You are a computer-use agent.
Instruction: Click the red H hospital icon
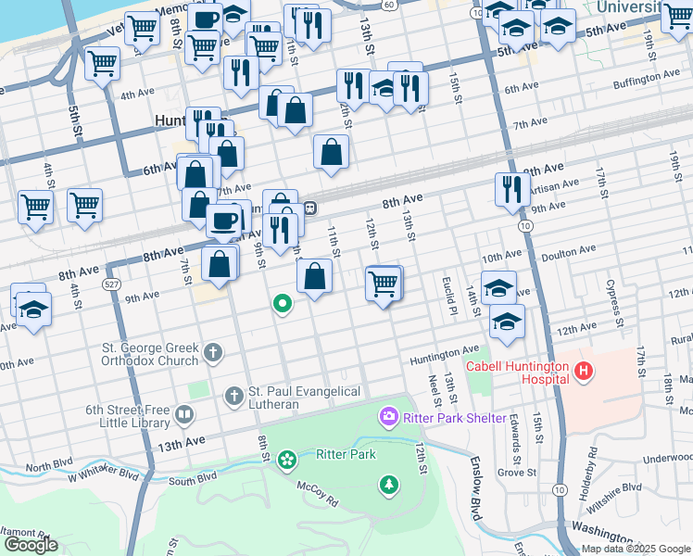[584, 373]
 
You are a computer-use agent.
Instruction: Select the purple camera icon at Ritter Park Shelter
[388, 417]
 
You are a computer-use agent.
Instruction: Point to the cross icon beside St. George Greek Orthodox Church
[213, 352]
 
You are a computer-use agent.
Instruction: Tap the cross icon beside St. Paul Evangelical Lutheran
[233, 397]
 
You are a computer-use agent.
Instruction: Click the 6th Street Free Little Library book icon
[184, 415]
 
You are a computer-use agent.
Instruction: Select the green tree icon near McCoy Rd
[388, 484]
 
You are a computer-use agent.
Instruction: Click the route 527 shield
[112, 284]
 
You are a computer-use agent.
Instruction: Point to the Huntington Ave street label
[446, 355]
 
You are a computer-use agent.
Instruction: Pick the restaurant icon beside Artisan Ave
[512, 189]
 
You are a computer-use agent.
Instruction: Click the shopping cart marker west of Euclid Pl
[383, 284]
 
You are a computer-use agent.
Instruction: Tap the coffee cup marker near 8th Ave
[222, 221]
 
